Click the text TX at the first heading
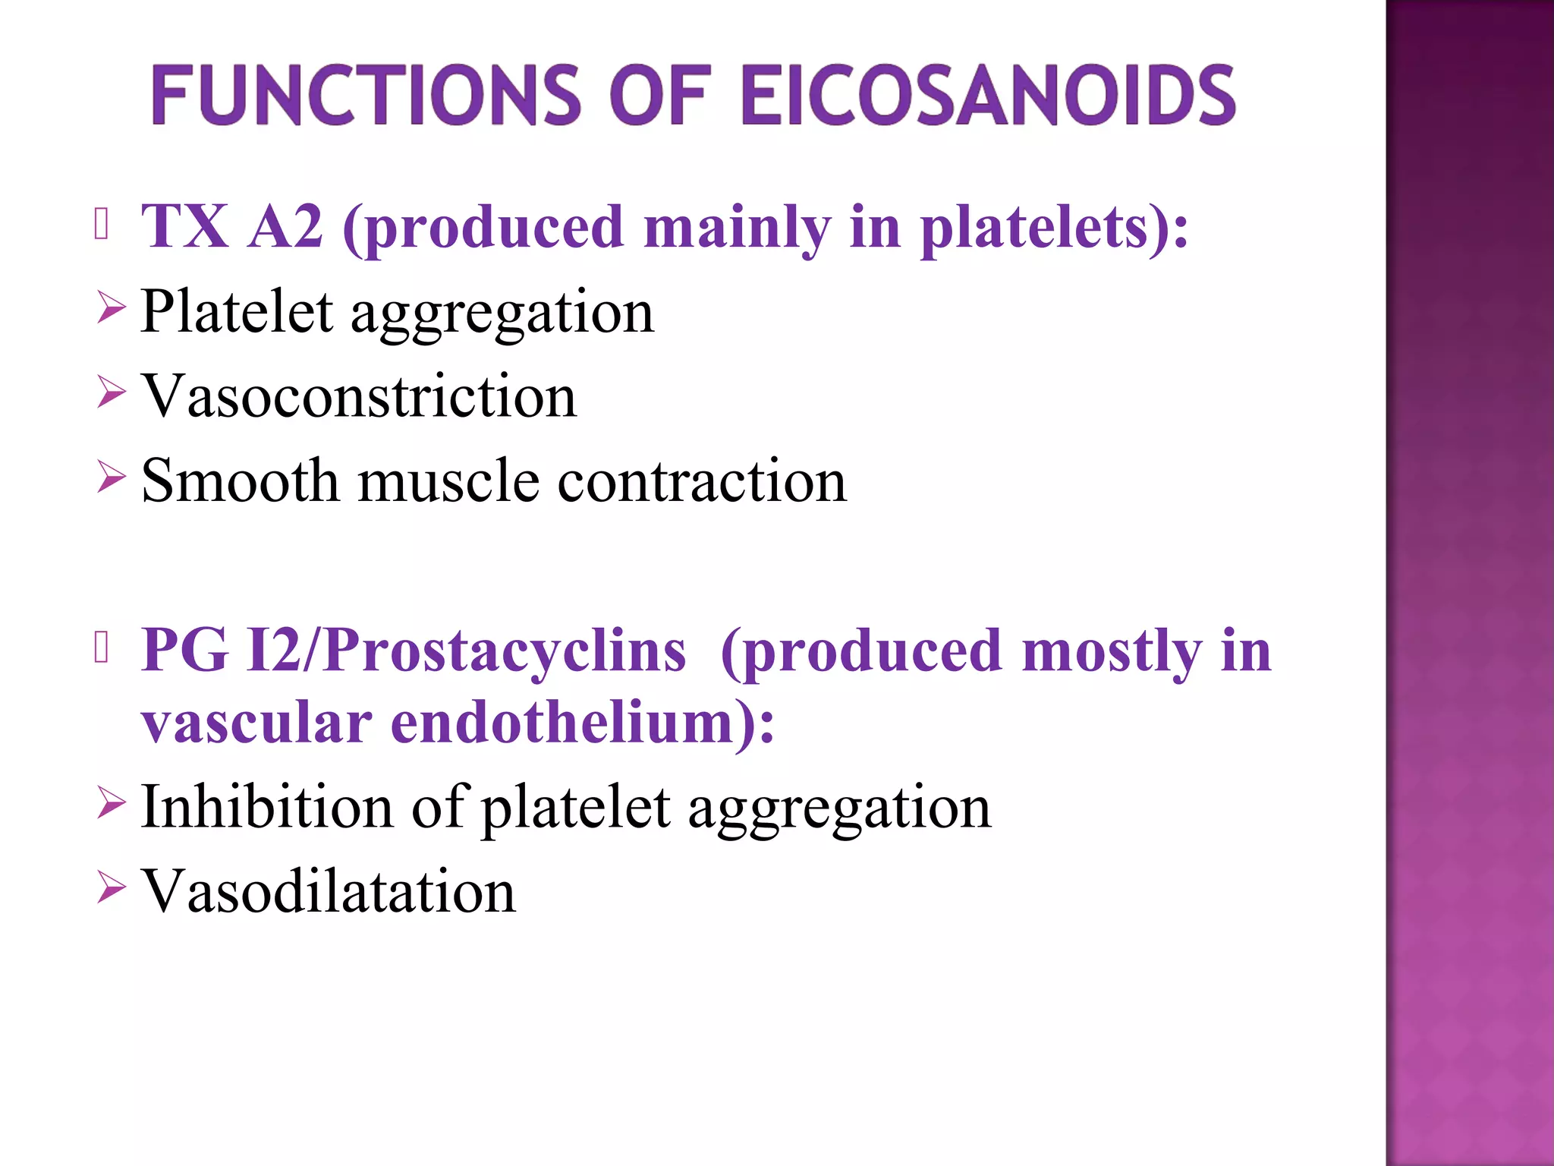click(185, 226)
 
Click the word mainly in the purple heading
click(737, 228)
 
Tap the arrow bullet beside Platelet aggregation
click(111, 310)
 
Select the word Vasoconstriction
click(359, 396)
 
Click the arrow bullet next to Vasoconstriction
click(111, 394)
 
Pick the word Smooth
click(240, 481)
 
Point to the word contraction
click(702, 482)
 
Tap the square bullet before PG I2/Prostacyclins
click(102, 648)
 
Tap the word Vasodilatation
click(329, 891)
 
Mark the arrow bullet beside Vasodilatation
click(111, 887)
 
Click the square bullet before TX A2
click(102, 224)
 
